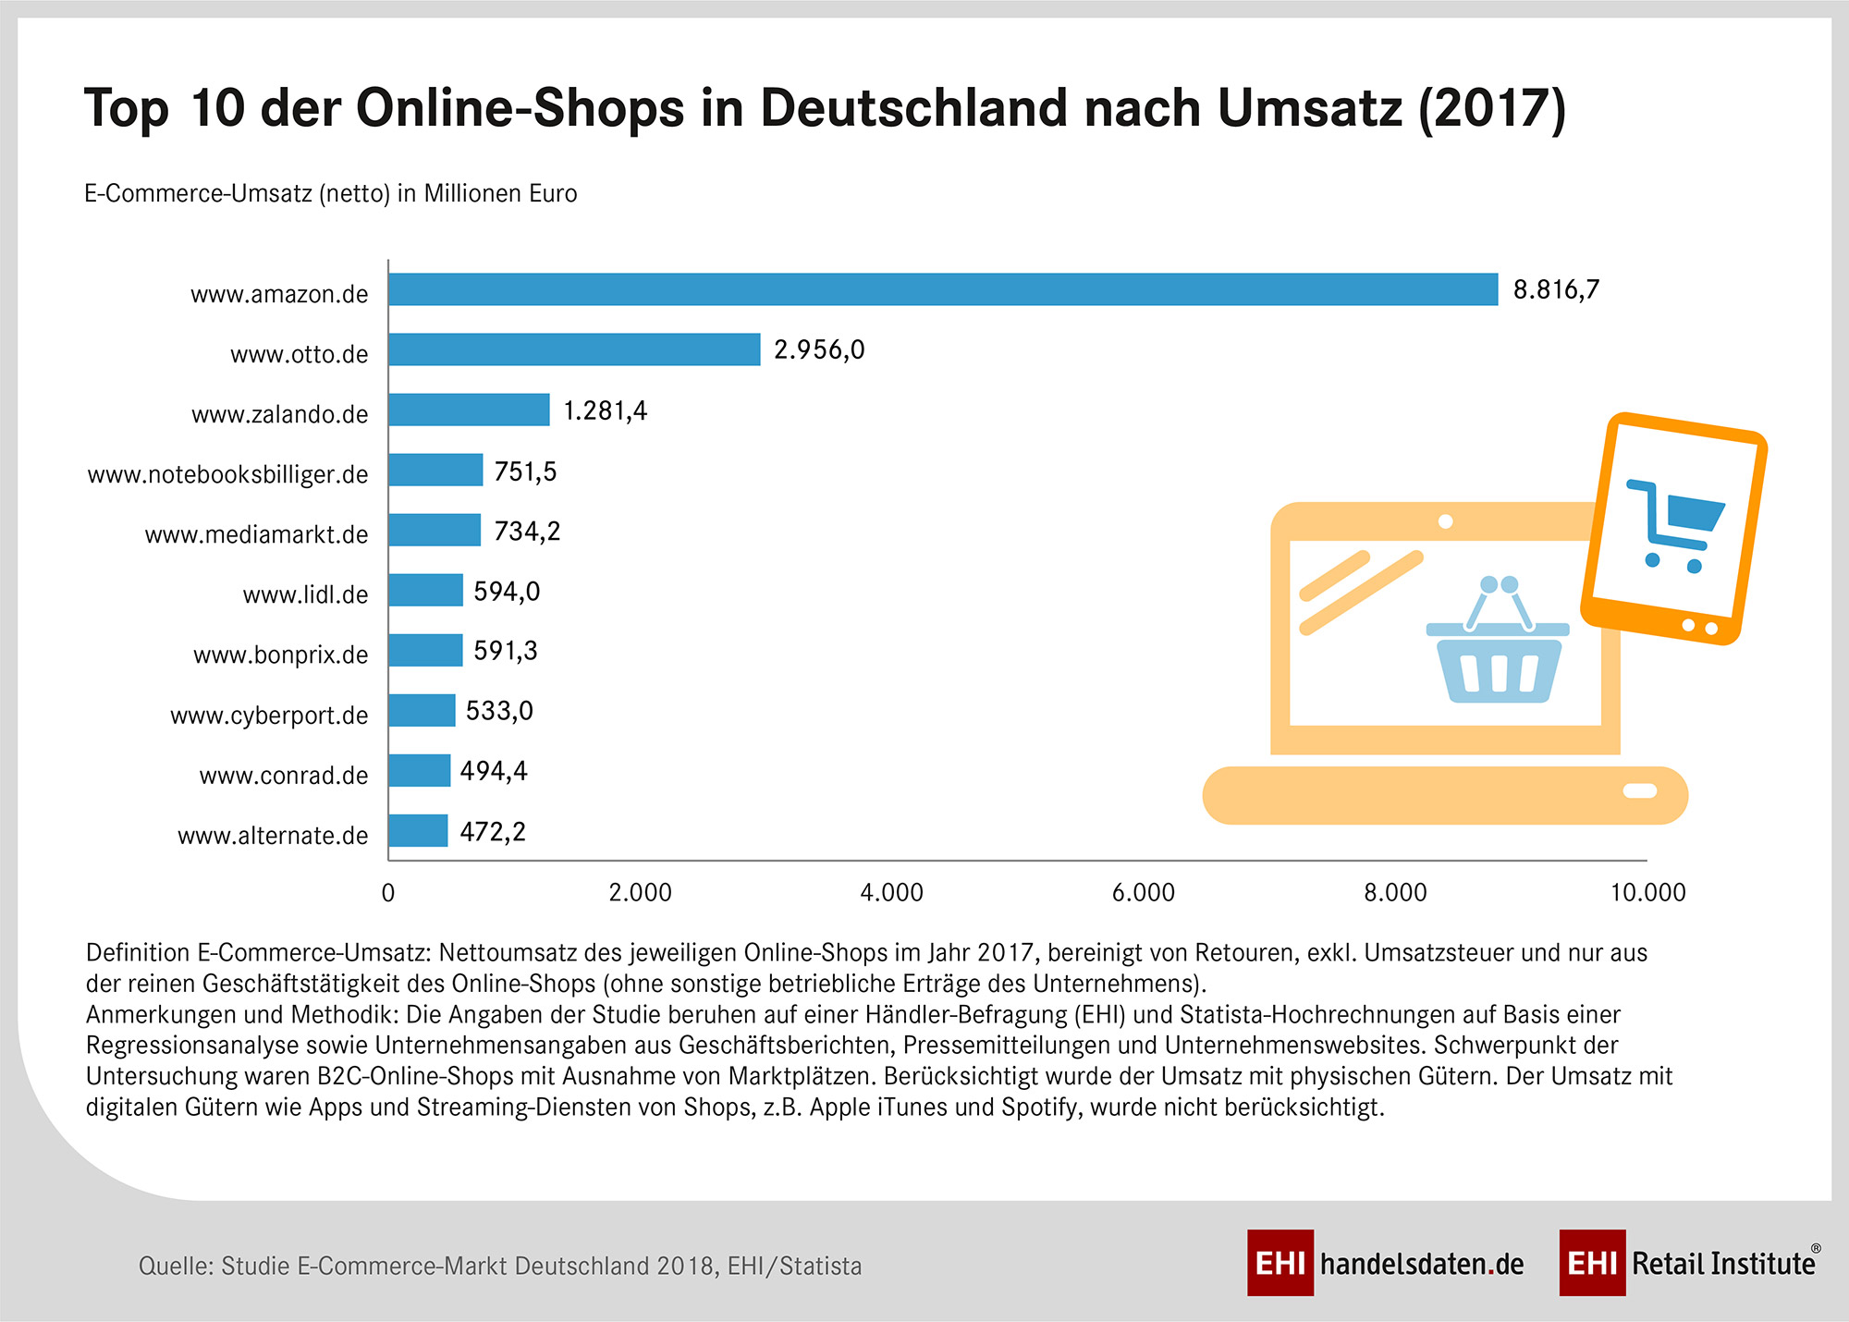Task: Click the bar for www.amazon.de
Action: pyautogui.click(x=943, y=289)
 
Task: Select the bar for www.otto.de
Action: pyautogui.click(x=574, y=349)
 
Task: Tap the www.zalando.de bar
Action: pyautogui.click(x=469, y=410)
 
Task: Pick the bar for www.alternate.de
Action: pyautogui.click(x=418, y=830)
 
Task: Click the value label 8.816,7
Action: pyautogui.click(x=1556, y=290)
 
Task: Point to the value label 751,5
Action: pyautogui.click(x=525, y=471)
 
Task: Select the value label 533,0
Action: pyautogui.click(x=499, y=711)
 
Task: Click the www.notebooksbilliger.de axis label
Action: pyautogui.click(x=227, y=474)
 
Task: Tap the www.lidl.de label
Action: pyautogui.click(x=305, y=594)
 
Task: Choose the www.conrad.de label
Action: pyautogui.click(x=284, y=775)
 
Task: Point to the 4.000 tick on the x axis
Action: pyautogui.click(x=891, y=892)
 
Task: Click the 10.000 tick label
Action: pyautogui.click(x=1647, y=892)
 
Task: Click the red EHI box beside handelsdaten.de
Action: pyautogui.click(x=1280, y=1263)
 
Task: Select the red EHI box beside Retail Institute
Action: pyautogui.click(x=1592, y=1263)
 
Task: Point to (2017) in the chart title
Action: pyautogui.click(x=1491, y=108)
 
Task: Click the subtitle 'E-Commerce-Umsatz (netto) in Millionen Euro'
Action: pyautogui.click(x=330, y=193)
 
